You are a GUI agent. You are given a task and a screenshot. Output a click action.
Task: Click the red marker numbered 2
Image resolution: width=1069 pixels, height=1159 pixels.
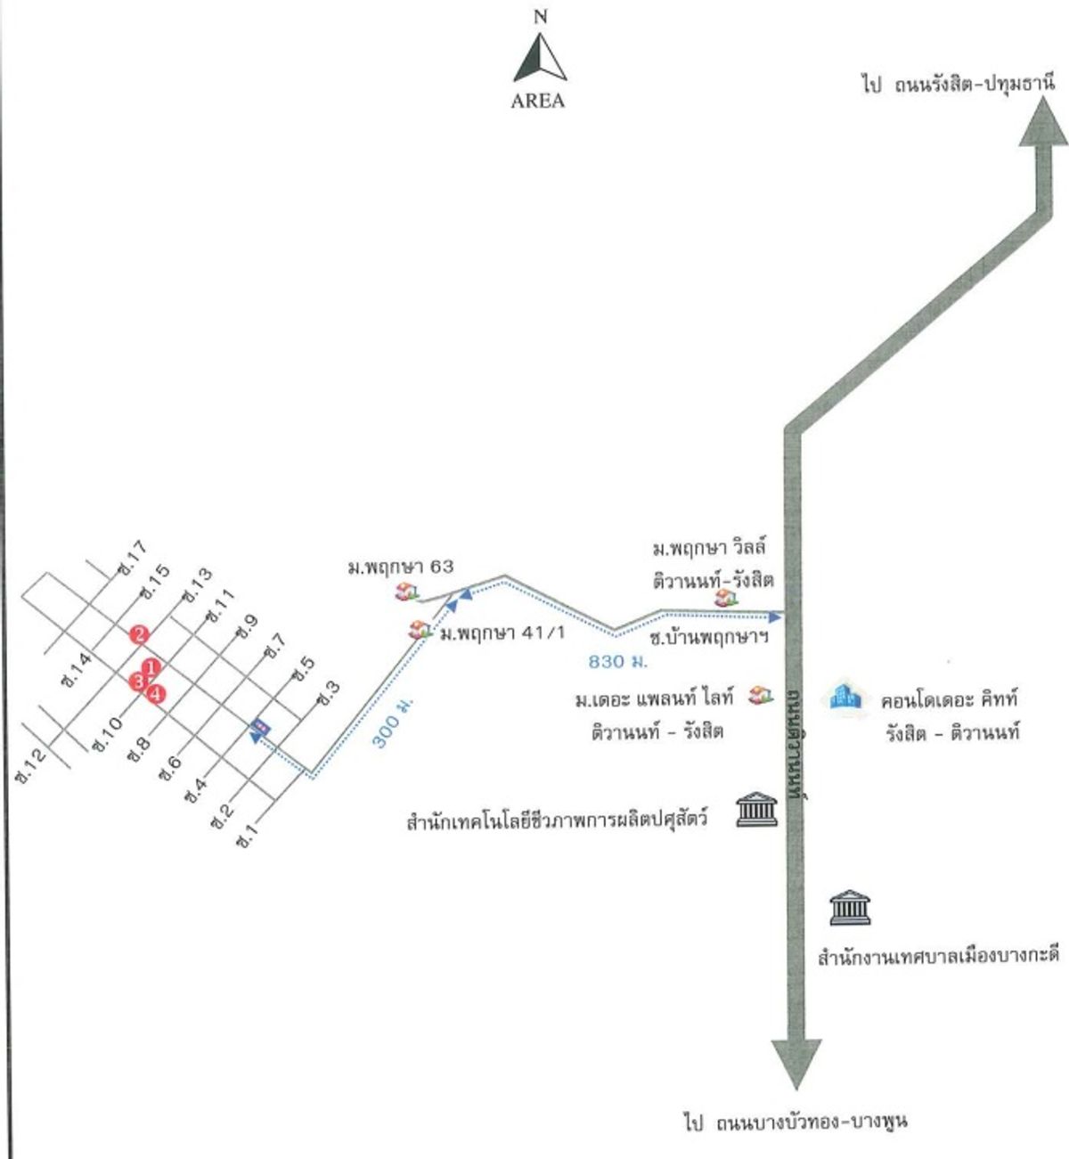coord(138,634)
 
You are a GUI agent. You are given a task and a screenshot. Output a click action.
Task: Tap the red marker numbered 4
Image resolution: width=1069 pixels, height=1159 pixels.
coord(157,693)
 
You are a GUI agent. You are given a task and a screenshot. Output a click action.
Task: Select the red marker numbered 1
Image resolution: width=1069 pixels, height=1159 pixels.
coord(152,666)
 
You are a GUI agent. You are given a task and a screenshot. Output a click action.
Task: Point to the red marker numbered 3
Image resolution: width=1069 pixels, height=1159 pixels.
coord(137,682)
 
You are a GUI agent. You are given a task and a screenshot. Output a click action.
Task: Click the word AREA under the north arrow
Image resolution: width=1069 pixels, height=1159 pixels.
coord(538,101)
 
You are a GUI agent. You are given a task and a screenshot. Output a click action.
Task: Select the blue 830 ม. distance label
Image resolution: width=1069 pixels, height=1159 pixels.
coord(617,662)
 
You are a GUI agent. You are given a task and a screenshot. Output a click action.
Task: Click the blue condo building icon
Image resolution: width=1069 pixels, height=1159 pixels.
coord(846,697)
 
